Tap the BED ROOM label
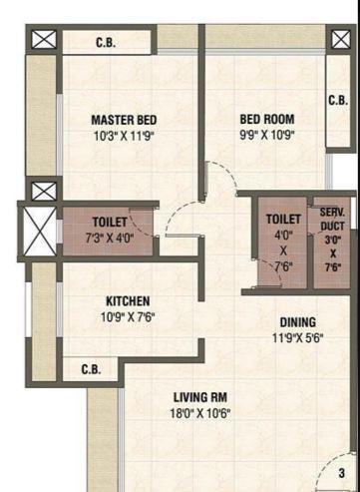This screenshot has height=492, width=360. (266, 118)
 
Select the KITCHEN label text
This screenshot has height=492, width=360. (129, 300)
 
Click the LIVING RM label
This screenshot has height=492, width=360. (201, 396)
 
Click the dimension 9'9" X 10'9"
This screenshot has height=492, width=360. (266, 135)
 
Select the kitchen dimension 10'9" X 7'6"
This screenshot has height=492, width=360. (129, 318)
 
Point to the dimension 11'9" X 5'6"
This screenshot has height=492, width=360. (297, 338)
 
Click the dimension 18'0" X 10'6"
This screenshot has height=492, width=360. (201, 413)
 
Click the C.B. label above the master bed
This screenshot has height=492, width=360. (106, 43)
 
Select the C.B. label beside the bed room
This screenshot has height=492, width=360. (337, 100)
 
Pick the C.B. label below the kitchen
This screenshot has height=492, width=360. (92, 368)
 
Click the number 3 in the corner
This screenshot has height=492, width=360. (341, 473)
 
